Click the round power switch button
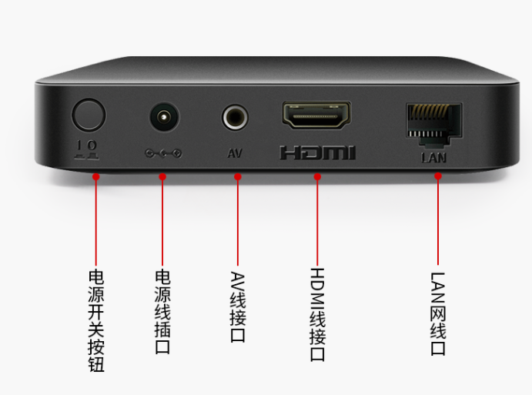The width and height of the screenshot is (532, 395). pos(89,115)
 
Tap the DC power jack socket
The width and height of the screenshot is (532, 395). pos(165,117)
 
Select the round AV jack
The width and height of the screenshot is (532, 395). pos(235,117)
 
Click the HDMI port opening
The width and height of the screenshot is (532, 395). pos(317,115)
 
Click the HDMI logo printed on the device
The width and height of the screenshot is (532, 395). pos(317,152)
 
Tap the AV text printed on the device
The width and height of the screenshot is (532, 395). pos(235,153)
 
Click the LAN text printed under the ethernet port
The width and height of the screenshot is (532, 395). pos(433,157)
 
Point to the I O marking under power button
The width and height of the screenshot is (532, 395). pos(87,150)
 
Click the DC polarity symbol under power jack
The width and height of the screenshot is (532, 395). pos(163,154)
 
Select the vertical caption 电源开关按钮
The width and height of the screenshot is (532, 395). pos(96,320)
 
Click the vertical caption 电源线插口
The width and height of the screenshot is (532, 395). pos(162,312)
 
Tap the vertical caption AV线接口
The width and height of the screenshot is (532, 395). pos(238,306)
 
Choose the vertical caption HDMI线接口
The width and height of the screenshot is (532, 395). pos(317,315)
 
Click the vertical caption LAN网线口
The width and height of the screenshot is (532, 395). pos(438,314)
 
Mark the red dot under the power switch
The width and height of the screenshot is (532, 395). pos(96,177)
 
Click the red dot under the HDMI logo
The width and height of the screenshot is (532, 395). pos(317,177)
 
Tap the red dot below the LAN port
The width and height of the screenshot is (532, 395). pos(438,176)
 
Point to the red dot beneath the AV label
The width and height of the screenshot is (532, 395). pos(238,177)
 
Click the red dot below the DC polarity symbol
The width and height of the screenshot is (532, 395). pos(162,177)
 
